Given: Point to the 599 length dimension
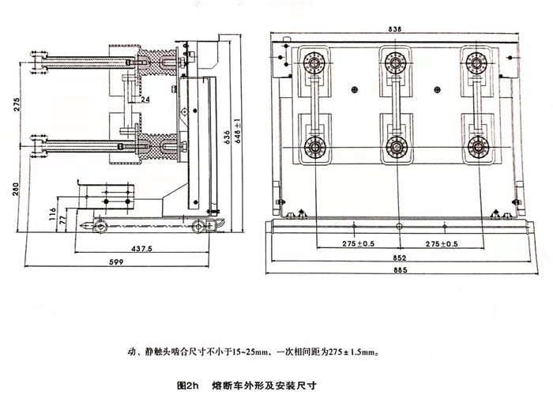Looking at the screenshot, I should point(115,261).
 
